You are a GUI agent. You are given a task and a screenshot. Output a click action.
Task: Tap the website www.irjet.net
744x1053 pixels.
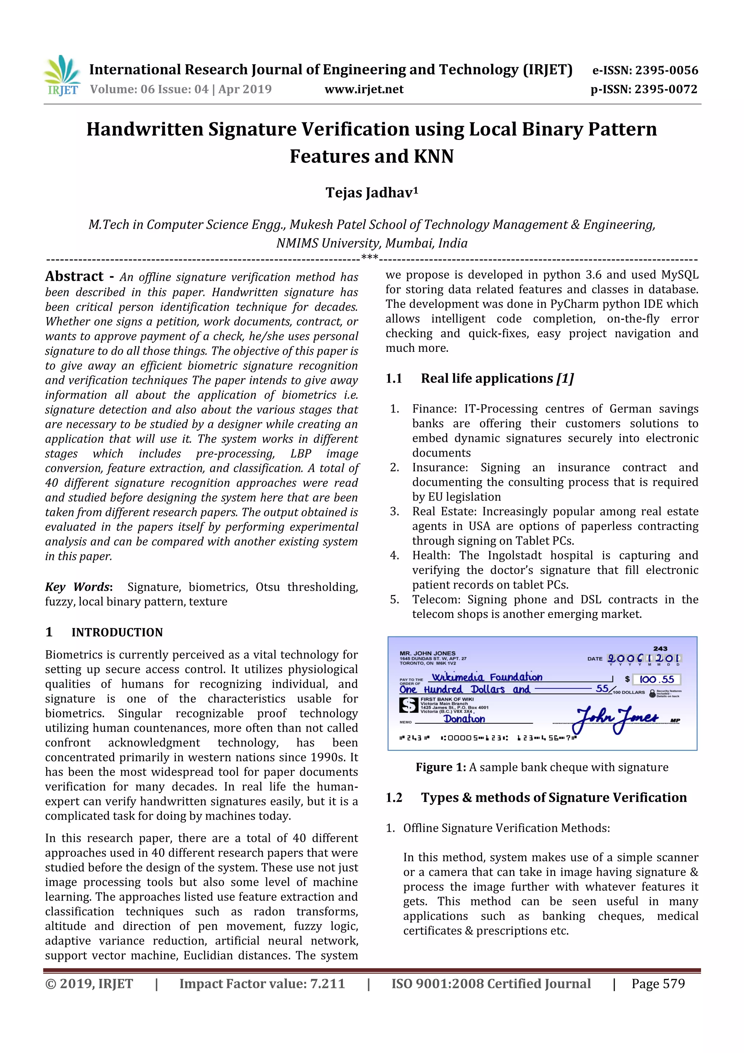pos(364,89)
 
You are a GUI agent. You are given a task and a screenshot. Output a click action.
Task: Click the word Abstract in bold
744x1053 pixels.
pos(74,276)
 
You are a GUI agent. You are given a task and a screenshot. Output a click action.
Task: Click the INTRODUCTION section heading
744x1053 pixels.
pos(117,632)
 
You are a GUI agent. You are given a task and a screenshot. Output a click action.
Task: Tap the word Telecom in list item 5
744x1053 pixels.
pos(436,599)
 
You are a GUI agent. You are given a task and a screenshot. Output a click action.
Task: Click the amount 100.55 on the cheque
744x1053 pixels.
pos(656,679)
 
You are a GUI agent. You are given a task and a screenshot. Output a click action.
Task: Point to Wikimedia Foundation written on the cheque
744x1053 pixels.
pos(487,677)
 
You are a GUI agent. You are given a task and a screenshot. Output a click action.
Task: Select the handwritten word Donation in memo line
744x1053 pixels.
pos(464,719)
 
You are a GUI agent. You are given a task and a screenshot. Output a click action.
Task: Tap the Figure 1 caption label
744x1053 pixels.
pos(441,767)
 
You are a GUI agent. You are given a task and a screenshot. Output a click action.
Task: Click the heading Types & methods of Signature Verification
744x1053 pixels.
pos(553,797)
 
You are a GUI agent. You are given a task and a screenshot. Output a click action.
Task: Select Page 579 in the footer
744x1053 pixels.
pos(658,984)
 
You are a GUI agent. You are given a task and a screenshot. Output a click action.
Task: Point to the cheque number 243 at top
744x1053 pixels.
pos(660,648)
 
